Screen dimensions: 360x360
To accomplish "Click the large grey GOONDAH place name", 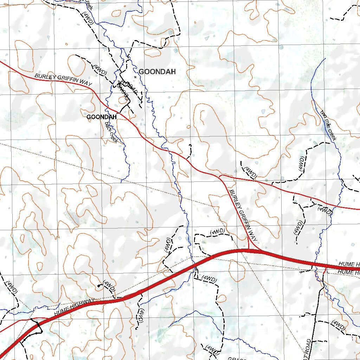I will pos(157,72).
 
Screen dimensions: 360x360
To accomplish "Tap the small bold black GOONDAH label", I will pos(102,117).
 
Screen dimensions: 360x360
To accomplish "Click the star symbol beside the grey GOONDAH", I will pos(135,77).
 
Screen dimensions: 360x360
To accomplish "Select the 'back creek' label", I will pos(111,132).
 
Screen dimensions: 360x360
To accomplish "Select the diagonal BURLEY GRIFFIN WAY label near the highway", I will pos(243,215).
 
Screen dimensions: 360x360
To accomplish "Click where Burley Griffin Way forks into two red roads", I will pos(219,176).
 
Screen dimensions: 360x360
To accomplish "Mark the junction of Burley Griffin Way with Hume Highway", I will pos(249,250).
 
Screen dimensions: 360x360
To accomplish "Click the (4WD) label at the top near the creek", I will pos(88,18).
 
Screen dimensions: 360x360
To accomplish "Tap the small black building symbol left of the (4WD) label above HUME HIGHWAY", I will pos(99,286).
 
